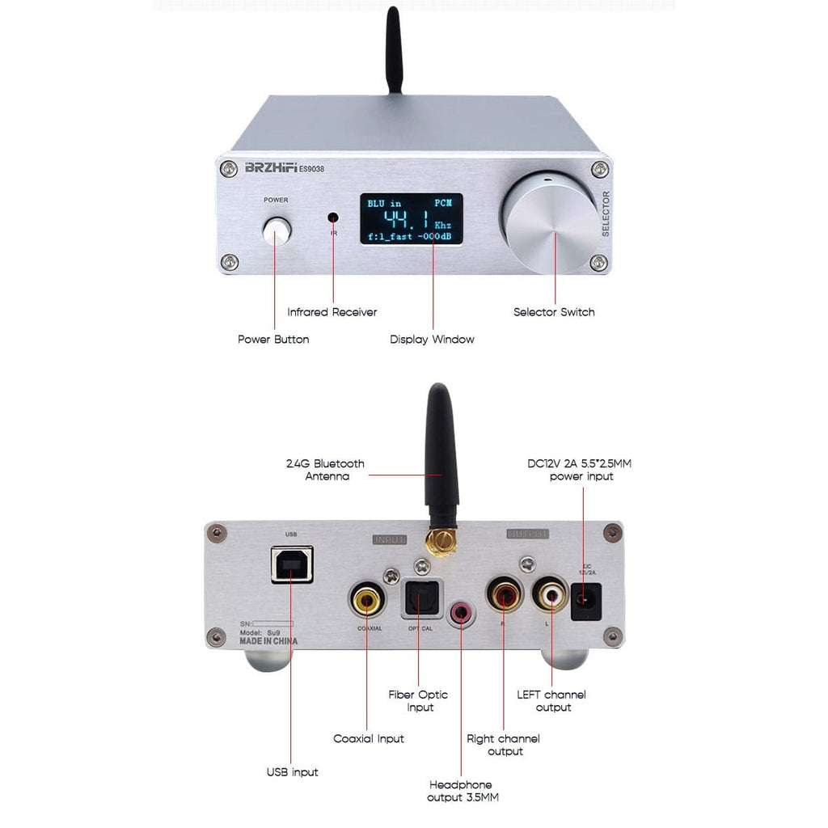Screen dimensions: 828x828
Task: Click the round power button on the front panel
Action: coord(276,231)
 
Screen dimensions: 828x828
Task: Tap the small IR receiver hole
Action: coord(332,218)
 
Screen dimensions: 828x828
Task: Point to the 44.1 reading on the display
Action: coord(407,220)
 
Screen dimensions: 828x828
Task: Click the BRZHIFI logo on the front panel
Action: coord(271,169)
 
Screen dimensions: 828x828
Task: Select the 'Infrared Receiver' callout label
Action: coord(332,312)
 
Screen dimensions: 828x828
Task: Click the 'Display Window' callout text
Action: coord(432,340)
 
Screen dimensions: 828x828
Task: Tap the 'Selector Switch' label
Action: coord(554,312)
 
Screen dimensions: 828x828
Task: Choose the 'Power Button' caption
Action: coord(273,340)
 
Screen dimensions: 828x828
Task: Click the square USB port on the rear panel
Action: coord(291,565)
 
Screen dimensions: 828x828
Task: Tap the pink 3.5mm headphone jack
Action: coord(462,612)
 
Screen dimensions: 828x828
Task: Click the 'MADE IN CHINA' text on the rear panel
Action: coord(268,641)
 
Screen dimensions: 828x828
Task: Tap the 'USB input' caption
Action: coord(292,772)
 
